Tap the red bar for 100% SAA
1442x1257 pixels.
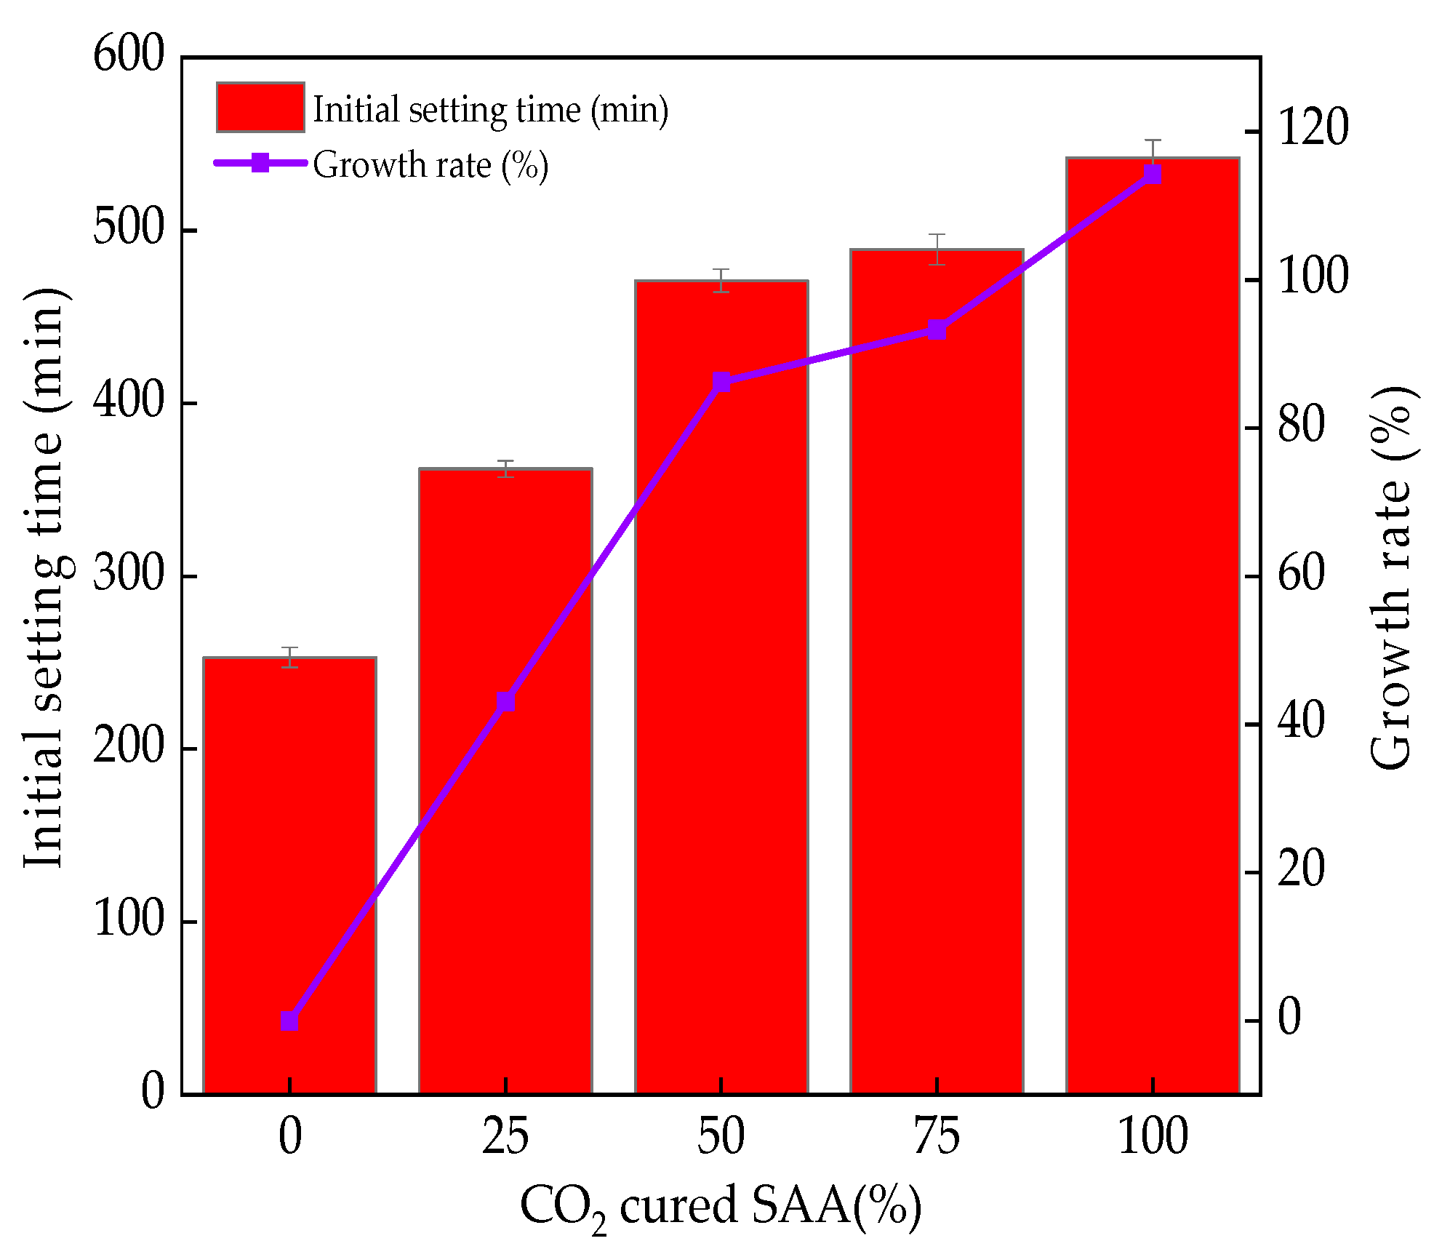tap(1153, 655)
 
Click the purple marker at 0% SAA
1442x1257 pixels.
tap(289, 1021)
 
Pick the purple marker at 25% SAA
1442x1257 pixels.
tap(505, 702)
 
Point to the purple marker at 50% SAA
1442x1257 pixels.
tap(721, 382)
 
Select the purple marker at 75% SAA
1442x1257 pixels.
tap(937, 330)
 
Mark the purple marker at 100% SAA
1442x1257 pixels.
tap(1153, 174)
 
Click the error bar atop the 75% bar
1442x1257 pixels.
tap(937, 249)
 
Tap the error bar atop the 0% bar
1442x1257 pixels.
tap(289, 657)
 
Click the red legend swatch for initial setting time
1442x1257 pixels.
tap(260, 108)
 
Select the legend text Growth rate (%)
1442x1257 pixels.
tap(430, 165)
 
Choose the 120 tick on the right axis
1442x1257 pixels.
tap(1313, 128)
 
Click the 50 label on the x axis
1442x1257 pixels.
tap(721, 1136)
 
